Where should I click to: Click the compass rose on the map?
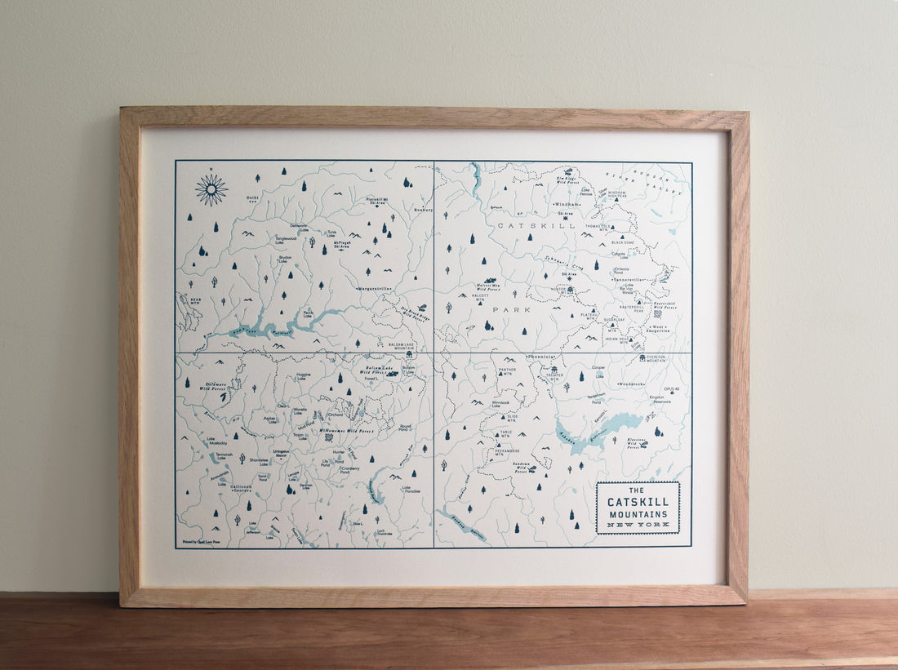pos(211,189)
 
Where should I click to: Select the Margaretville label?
pos(374,289)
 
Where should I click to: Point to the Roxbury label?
pos(423,209)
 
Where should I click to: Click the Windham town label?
pos(566,204)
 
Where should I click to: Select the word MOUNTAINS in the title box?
pos(638,514)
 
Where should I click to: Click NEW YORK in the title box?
pos(638,525)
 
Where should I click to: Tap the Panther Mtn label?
pos(507,371)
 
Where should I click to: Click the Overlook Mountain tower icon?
pos(642,357)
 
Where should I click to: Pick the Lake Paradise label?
pos(411,490)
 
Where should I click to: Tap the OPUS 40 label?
pos(671,389)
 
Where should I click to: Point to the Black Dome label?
pos(623,242)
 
